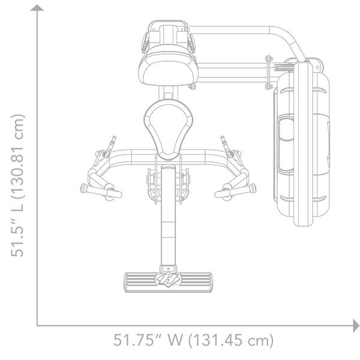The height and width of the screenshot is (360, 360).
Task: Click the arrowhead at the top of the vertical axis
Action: point(38,7)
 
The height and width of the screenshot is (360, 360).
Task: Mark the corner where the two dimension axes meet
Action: point(38,326)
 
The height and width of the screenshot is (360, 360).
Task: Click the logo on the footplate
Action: point(168,280)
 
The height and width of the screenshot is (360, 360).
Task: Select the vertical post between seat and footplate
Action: point(168,216)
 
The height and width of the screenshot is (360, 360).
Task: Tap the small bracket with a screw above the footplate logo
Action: point(168,268)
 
